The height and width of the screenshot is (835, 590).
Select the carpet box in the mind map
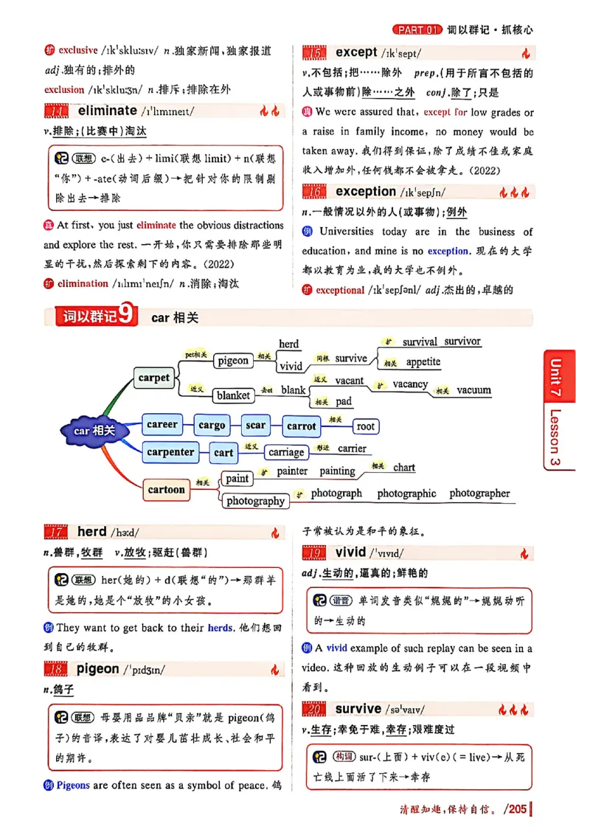click(154, 378)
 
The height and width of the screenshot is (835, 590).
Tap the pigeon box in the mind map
click(233, 361)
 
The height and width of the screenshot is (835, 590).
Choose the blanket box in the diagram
click(233, 395)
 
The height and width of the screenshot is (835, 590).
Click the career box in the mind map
click(162, 425)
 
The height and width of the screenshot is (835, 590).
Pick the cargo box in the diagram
click(212, 426)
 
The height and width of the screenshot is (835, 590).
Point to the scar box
click(256, 426)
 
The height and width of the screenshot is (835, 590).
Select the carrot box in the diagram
click(301, 426)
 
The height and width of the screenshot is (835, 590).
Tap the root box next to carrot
click(366, 426)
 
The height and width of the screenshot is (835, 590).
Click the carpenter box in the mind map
click(170, 452)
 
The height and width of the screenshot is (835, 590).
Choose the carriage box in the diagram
click(286, 452)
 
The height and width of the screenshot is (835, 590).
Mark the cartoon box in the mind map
click(167, 489)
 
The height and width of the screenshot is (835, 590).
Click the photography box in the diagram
click(255, 501)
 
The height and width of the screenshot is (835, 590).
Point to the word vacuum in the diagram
click(473, 390)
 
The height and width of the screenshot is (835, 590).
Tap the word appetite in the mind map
click(423, 362)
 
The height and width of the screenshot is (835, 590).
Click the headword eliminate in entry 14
click(107, 111)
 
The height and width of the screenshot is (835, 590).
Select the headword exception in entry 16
click(366, 192)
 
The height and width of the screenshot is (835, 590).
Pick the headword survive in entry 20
click(358, 709)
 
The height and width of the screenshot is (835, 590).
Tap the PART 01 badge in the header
click(418, 30)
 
